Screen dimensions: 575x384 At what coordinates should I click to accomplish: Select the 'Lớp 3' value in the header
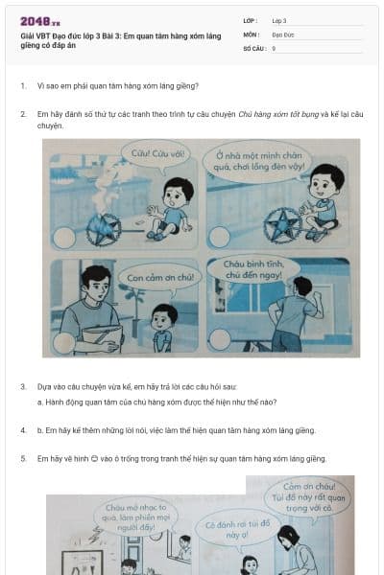point(279,20)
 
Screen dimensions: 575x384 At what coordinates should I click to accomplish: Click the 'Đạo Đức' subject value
point(282,34)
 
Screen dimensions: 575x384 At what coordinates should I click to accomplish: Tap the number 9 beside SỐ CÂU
point(274,47)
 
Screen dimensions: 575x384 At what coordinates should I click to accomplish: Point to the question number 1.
point(23,85)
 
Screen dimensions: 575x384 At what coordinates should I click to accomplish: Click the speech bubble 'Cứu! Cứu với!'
point(150,153)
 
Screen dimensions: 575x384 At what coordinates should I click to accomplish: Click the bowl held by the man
point(102,334)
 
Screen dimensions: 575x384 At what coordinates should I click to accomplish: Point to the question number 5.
point(23,458)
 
